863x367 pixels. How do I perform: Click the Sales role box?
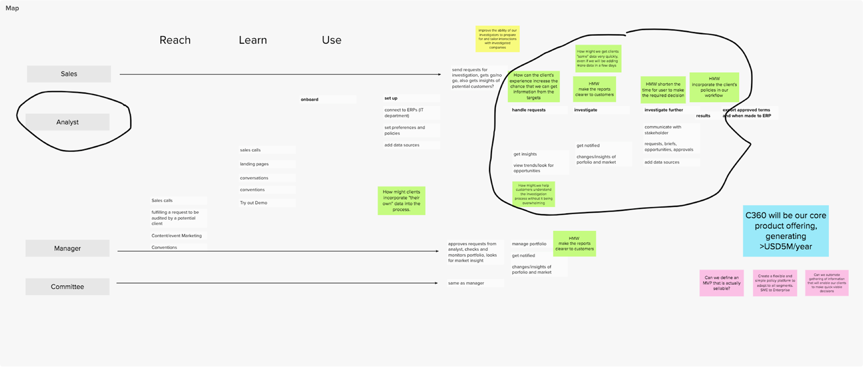[69, 74]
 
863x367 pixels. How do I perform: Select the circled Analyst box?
[67, 122]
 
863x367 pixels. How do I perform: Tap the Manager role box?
[67, 248]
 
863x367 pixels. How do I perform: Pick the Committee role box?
[67, 287]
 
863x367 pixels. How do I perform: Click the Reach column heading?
[175, 40]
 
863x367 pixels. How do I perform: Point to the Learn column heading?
[253, 40]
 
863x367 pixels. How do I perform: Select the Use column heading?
[331, 40]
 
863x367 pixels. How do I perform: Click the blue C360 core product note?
[786, 231]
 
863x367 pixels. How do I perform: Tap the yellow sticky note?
[497, 39]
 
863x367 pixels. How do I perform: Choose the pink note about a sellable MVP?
[721, 283]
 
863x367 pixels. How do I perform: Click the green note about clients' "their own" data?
[401, 201]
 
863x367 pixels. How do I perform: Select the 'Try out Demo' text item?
[253, 203]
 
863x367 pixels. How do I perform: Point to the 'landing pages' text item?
[254, 164]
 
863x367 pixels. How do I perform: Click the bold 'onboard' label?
[309, 99]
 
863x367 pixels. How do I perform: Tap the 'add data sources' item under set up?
[402, 145]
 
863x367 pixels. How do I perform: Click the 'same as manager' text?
[466, 283]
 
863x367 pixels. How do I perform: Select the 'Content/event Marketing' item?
[176, 236]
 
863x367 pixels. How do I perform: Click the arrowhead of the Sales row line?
[439, 75]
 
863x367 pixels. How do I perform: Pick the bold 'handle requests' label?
[529, 110]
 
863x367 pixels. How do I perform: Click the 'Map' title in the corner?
[12, 8]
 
